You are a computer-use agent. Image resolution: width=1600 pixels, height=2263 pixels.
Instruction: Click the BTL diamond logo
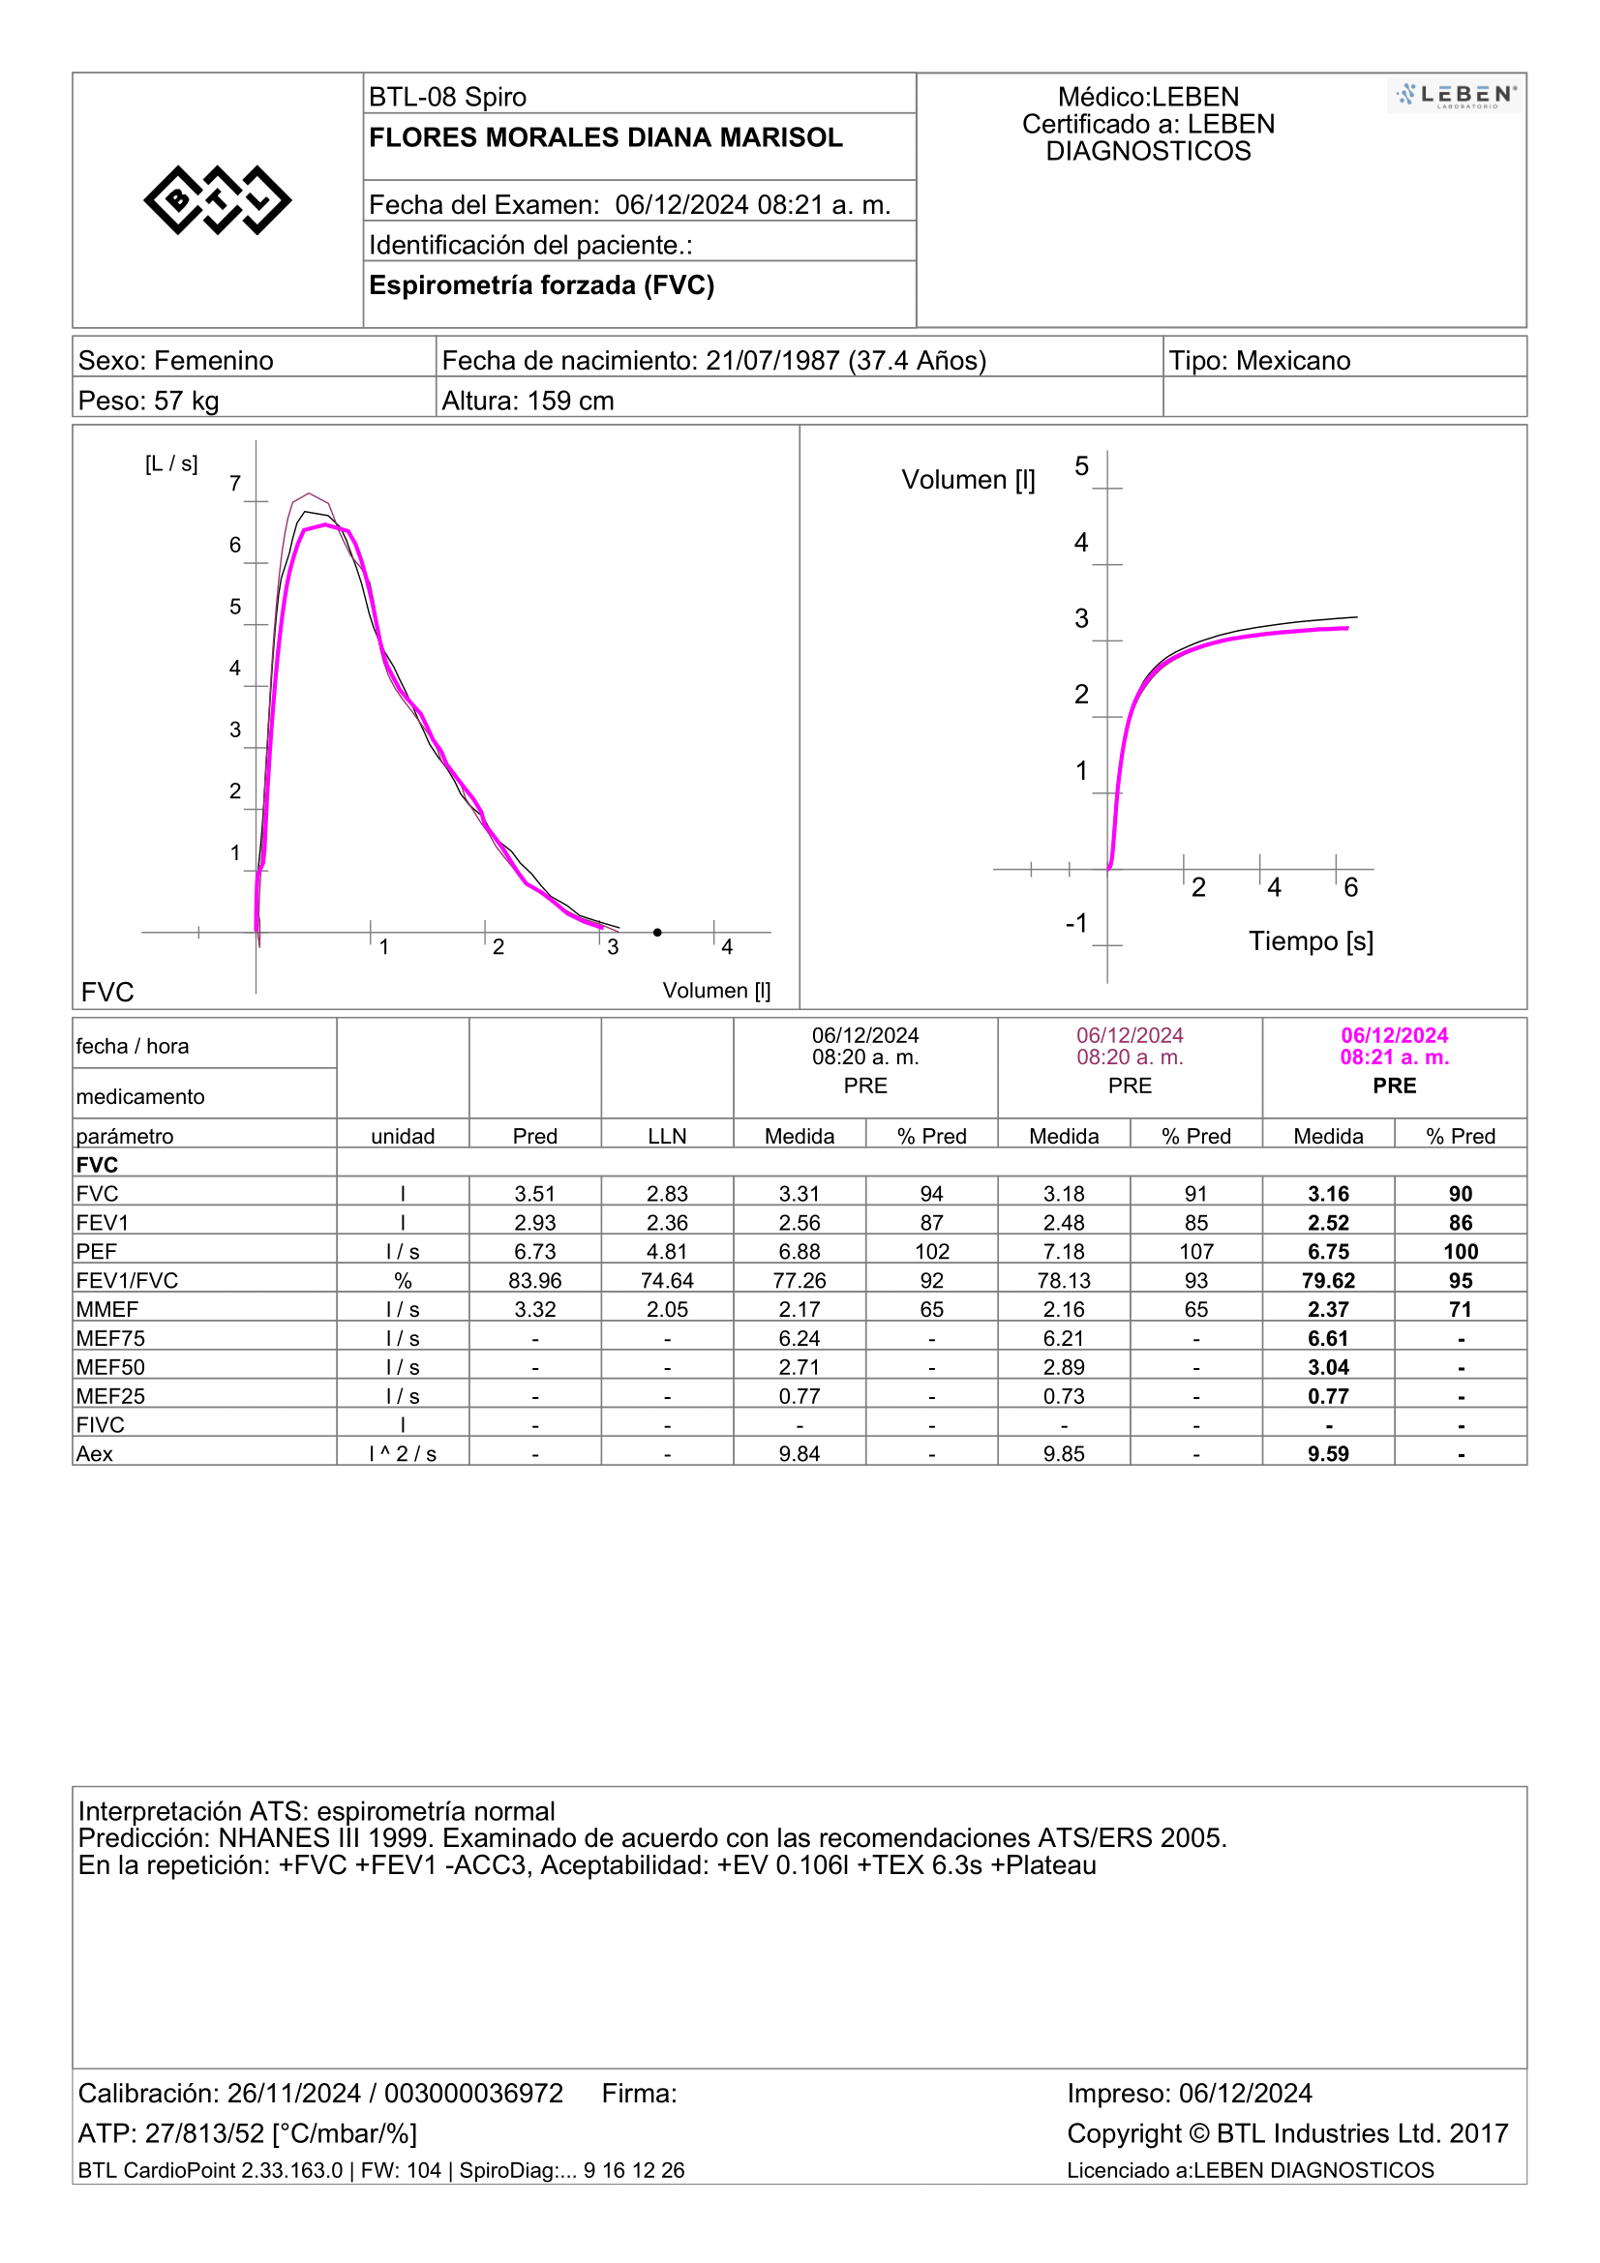pos(218,200)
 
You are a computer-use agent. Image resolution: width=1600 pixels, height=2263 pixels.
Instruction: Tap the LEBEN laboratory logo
pos(1455,96)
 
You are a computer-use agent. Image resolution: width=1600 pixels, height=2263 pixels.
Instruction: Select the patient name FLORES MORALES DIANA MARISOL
pos(605,137)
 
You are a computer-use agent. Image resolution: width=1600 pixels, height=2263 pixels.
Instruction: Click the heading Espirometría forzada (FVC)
pos(541,284)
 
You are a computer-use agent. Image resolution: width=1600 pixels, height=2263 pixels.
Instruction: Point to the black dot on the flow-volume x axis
pos(657,933)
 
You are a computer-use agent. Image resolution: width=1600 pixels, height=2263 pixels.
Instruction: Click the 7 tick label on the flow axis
pos(234,483)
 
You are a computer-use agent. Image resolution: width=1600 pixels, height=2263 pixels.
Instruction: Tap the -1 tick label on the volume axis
pos(1076,924)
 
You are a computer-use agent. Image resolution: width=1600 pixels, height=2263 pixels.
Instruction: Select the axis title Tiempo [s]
pos(1312,941)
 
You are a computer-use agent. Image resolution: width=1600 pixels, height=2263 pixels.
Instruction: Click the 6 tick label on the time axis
pos(1350,888)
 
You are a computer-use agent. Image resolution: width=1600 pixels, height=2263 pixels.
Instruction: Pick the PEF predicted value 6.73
pos(535,1252)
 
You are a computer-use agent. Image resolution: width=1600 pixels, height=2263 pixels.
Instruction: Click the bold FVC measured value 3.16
pos(1329,1194)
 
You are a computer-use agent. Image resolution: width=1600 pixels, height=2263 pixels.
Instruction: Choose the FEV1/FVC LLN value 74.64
pos(668,1280)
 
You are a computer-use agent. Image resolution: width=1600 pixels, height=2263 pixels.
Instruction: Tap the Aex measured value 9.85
pos(1065,1454)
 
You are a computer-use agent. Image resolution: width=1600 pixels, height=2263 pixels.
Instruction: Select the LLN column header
pos(668,1137)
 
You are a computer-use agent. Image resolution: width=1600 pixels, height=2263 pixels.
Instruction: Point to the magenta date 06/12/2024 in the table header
pos(1394,1035)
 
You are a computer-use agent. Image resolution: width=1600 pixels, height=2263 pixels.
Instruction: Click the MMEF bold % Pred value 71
pos(1461,1310)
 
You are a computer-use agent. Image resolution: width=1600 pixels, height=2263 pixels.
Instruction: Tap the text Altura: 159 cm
pos(528,402)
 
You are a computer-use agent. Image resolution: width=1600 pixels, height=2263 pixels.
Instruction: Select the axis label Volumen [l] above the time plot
pos(968,480)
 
